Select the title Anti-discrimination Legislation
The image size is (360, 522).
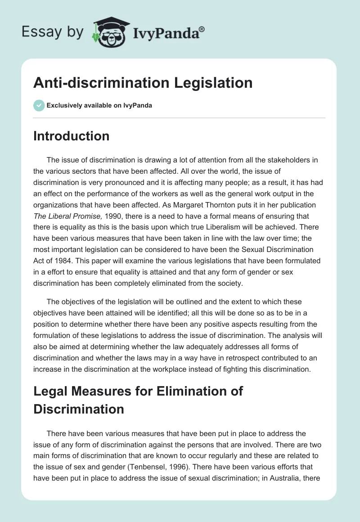coord(143,83)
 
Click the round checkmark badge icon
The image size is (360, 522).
coord(39,105)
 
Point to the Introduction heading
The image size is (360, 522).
coord(71,136)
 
